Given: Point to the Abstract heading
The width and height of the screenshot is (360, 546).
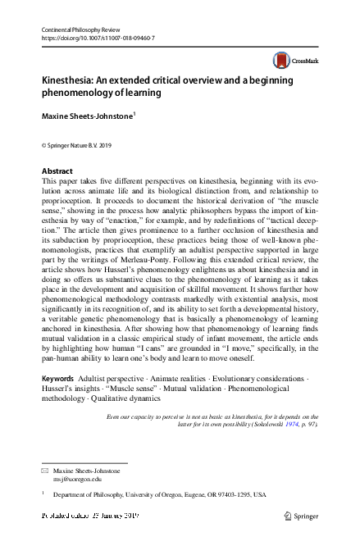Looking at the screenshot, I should pos(57,171).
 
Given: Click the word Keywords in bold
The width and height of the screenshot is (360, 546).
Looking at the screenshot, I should pos(57,380).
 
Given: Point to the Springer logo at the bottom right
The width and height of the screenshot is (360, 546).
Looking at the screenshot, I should pos(301,516).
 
